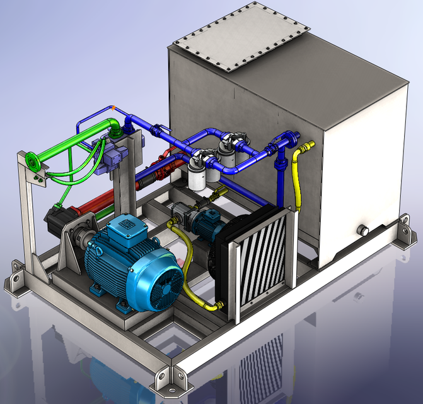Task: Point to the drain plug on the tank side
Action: click(362, 230)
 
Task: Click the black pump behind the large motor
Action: click(60, 221)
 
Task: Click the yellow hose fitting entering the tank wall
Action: click(306, 149)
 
